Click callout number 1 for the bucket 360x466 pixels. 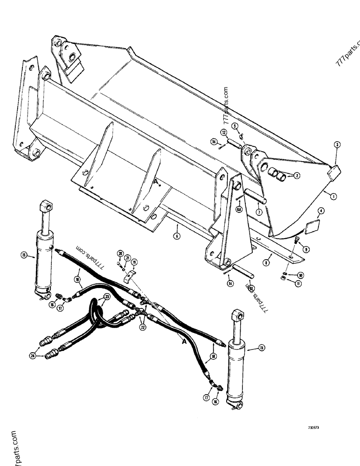333,196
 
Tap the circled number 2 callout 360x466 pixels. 296,175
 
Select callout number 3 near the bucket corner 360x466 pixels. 337,145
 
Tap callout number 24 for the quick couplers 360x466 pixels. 32,356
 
